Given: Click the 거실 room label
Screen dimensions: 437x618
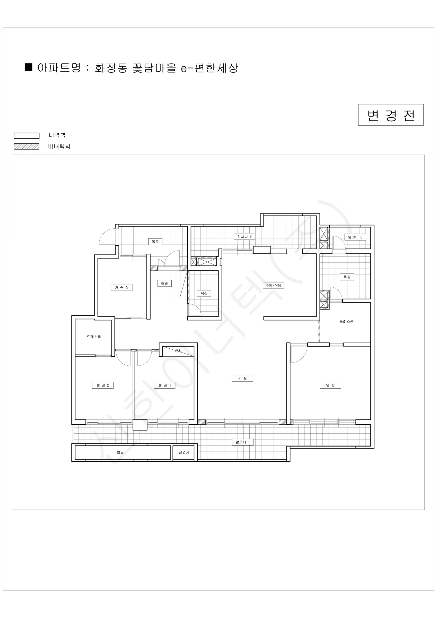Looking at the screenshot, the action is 242,378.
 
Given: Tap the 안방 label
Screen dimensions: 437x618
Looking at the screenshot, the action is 330,385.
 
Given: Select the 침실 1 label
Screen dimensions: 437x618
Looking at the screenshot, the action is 165,385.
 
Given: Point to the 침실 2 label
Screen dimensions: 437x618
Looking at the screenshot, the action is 103,385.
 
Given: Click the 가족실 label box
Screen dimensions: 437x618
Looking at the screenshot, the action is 122,287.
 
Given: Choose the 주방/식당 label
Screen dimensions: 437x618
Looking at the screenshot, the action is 273,285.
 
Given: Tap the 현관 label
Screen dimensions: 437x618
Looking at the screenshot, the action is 164,283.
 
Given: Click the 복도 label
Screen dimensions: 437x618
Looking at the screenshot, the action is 155,242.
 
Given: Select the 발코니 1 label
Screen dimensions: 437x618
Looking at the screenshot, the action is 243,442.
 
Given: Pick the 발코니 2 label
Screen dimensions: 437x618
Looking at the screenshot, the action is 244,237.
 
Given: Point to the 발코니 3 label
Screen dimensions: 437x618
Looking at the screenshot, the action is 355,237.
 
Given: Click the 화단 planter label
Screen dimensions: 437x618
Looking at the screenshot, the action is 120,452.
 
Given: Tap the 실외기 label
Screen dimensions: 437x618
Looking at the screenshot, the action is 184,452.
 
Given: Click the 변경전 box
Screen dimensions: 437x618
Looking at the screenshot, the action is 391,115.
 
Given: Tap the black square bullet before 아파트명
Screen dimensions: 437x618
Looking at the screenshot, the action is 29,67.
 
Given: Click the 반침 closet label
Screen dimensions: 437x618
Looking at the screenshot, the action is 178,351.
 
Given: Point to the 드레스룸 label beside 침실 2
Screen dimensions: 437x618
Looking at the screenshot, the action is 94,337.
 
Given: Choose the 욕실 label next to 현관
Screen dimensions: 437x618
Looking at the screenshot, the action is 204,293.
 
